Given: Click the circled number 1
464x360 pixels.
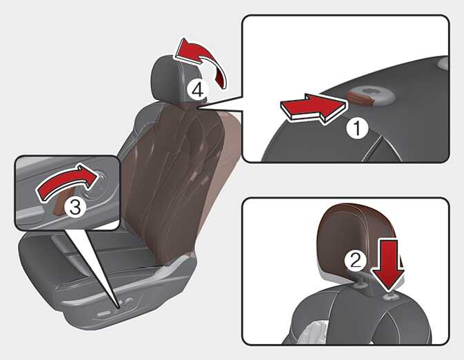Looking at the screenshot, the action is pyautogui.click(x=357, y=128).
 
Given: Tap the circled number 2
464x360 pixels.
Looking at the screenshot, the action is pyautogui.click(x=355, y=261).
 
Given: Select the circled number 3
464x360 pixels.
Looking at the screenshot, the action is pyautogui.click(x=75, y=207).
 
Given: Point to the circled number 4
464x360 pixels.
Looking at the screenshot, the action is pyautogui.click(x=198, y=90).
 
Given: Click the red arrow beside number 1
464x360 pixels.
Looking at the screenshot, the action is pyautogui.click(x=313, y=109).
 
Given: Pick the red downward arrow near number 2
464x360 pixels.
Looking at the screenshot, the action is pyautogui.click(x=388, y=264).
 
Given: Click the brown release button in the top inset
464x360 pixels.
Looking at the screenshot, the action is pyautogui.click(x=361, y=99).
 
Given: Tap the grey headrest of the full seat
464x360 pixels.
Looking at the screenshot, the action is pyautogui.click(x=168, y=79).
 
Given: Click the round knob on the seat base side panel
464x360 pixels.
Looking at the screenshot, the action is pyautogui.click(x=129, y=302).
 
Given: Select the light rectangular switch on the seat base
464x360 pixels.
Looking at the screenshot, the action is pyautogui.click(x=104, y=313).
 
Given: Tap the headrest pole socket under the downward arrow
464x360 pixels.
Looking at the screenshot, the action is pyautogui.click(x=391, y=297).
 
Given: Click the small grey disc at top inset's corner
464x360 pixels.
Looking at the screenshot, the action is pyautogui.click(x=443, y=63).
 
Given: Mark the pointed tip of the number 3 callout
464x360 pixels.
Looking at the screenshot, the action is pyautogui.click(x=119, y=308).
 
